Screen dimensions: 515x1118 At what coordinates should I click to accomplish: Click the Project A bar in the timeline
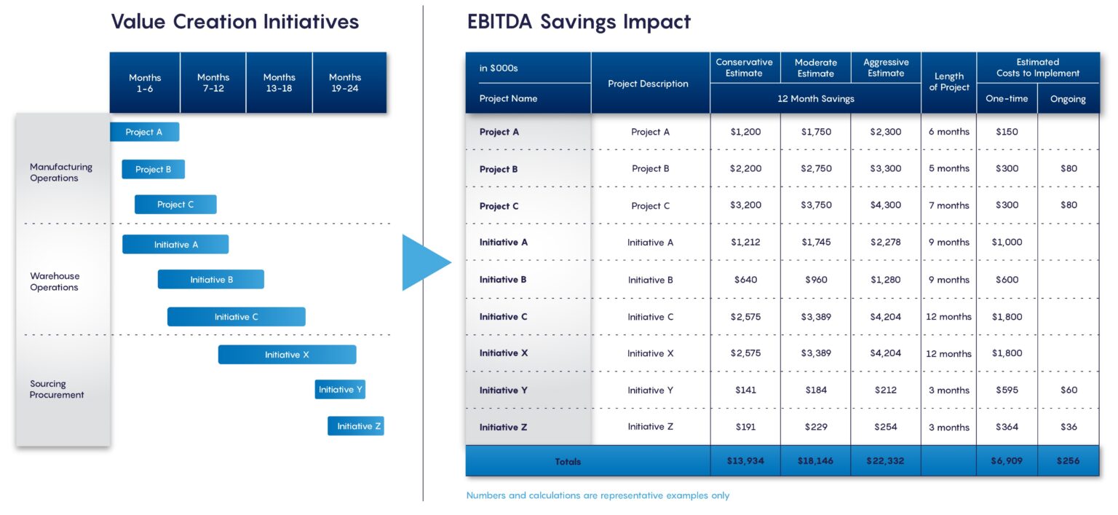pyautogui.click(x=144, y=132)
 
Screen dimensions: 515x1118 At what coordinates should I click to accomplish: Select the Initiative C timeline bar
pyautogui.click(x=236, y=317)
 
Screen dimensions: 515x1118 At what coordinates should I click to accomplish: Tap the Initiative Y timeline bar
pyautogui.click(x=340, y=390)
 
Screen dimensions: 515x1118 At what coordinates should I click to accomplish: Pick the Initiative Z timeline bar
pyautogui.click(x=355, y=426)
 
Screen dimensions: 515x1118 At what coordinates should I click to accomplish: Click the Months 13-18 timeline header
pyautogui.click(x=279, y=82)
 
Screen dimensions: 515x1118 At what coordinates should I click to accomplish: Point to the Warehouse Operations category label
pyautogui.click(x=55, y=281)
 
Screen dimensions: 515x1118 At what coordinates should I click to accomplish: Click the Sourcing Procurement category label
pyautogui.click(x=57, y=389)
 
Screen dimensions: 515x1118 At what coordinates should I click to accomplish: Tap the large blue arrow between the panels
pyautogui.click(x=424, y=262)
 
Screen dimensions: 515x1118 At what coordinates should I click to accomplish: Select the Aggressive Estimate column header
pyautogui.click(x=885, y=68)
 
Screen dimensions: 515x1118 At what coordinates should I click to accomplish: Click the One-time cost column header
pyautogui.click(x=1007, y=99)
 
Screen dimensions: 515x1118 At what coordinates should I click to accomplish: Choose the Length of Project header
pyautogui.click(x=948, y=82)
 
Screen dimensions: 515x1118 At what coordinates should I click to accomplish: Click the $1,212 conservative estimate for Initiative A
pyautogui.click(x=745, y=243)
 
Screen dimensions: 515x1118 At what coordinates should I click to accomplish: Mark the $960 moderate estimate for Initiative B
pyautogui.click(x=816, y=280)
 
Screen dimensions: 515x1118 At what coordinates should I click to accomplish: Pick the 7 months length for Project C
pyautogui.click(x=948, y=205)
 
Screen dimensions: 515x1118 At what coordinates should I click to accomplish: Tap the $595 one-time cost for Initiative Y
pyautogui.click(x=1007, y=390)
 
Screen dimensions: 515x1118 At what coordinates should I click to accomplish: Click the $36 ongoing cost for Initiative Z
pyautogui.click(x=1069, y=427)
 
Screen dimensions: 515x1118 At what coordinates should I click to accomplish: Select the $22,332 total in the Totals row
pyautogui.click(x=885, y=461)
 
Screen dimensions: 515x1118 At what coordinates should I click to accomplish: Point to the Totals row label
pyautogui.click(x=568, y=461)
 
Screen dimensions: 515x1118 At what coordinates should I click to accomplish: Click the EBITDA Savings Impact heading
pyautogui.click(x=579, y=22)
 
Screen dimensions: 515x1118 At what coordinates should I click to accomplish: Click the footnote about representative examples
pyautogui.click(x=598, y=495)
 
